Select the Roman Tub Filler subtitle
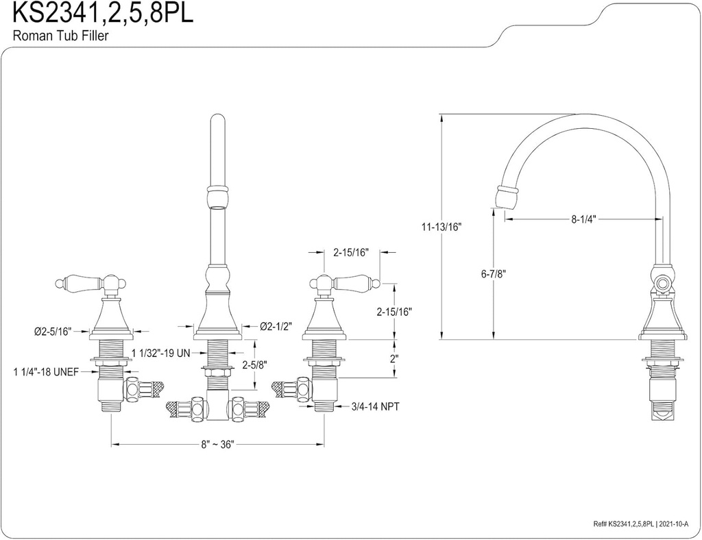[60, 36]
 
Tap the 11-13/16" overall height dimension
[441, 228]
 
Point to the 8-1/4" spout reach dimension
[583, 219]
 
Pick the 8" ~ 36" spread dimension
[218, 444]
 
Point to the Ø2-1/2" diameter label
[276, 326]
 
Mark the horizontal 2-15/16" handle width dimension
[350, 252]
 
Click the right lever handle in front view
[346, 281]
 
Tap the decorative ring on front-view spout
[216, 186]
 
